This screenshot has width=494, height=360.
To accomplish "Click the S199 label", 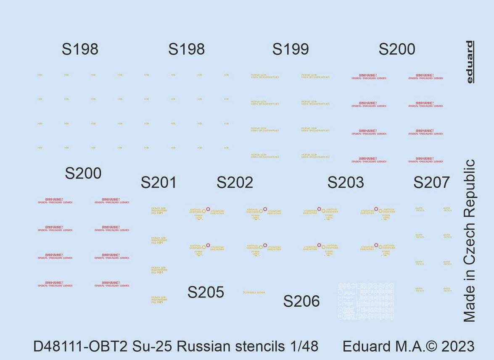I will (291, 49).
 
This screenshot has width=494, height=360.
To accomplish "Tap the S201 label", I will (159, 183).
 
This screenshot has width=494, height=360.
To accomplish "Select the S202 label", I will (235, 182).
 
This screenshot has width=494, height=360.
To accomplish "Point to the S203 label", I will (346, 182).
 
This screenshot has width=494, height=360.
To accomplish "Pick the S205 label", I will (206, 292).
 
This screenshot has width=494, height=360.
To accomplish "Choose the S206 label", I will (301, 301).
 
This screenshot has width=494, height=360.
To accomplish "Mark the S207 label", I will (431, 182).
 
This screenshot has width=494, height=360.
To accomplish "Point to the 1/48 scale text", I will (304, 347).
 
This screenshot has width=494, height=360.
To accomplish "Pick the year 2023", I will (456, 347).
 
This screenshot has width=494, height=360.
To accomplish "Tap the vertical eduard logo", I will (469, 62).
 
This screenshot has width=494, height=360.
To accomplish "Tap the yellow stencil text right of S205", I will (254, 292).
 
